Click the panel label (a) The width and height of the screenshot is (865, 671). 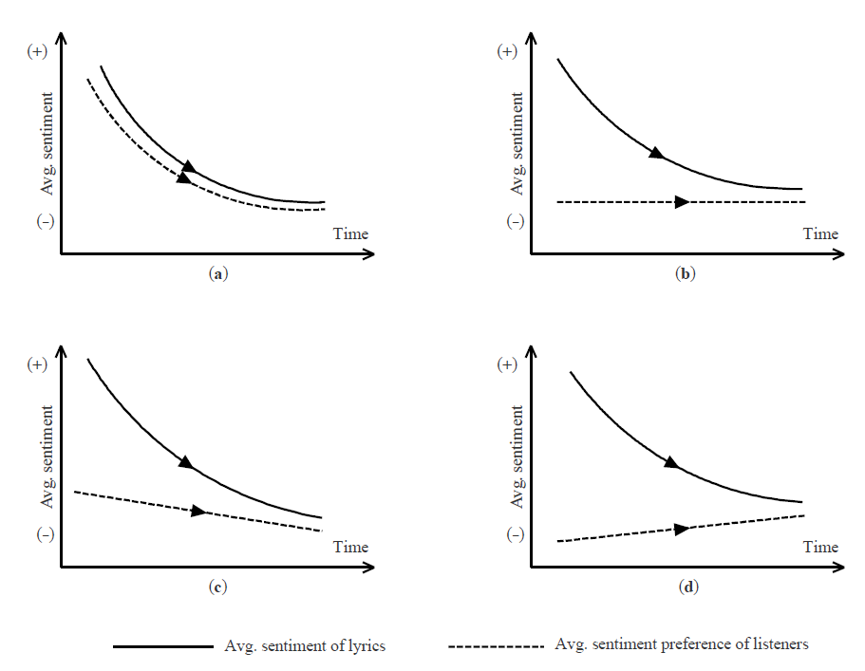218,273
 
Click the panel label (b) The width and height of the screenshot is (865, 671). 685,273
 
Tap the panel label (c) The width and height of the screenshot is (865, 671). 217,587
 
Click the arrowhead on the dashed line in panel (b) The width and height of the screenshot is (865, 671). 681,202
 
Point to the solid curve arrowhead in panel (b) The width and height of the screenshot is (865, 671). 656,153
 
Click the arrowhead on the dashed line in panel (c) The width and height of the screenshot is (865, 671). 197,512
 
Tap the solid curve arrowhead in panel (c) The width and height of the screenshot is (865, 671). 186,462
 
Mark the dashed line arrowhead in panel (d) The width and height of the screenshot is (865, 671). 681,529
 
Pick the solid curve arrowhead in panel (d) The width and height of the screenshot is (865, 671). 670,462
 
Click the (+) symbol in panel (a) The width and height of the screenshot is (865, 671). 37,52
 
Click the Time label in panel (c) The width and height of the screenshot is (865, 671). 350,547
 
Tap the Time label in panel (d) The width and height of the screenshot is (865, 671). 820,547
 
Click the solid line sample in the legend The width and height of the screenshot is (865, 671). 163,646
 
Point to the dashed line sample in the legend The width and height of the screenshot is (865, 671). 496,646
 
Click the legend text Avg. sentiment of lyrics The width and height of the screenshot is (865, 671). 305,646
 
